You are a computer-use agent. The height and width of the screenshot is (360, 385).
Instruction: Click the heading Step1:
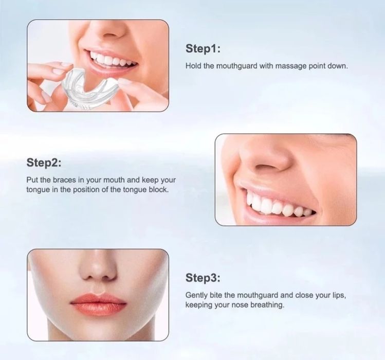(203, 48)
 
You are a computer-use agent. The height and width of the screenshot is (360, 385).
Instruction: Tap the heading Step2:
(44, 163)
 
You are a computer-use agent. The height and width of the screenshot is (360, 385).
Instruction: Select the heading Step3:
(203, 278)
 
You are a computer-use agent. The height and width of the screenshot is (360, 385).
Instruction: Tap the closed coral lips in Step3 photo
(98, 304)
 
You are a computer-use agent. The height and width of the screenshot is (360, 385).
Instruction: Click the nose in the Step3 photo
(98, 271)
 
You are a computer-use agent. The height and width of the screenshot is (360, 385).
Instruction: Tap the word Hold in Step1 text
(193, 66)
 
